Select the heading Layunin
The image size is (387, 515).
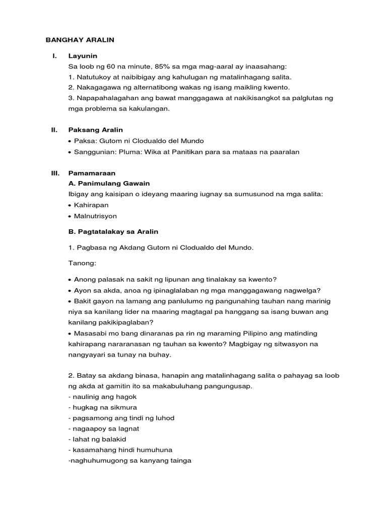pos(83,55)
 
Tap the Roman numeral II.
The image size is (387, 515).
pos(54,130)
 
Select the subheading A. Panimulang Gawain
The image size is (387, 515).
pos(109,183)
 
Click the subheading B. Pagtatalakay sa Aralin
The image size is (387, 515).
pos(113,231)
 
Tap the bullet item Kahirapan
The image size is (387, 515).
pos(91,205)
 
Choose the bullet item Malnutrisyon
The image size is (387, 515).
pos(95,216)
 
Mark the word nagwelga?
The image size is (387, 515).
pos(303,290)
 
